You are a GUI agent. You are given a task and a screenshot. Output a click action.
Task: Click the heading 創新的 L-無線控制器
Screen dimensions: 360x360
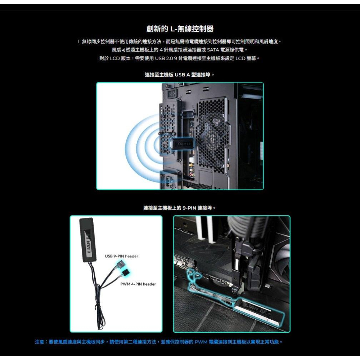coord(180,28)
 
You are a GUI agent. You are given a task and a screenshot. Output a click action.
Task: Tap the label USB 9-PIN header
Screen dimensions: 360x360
coord(121,256)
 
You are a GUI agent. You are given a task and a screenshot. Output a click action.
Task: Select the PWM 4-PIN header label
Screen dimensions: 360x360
coord(138,284)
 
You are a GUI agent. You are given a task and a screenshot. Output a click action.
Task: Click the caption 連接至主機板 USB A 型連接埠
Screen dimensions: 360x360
coord(180,75)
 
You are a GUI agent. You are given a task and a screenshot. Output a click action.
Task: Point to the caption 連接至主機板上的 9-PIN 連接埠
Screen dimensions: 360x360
coord(180,208)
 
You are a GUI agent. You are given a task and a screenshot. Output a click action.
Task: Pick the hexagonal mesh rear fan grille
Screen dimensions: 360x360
coord(213,133)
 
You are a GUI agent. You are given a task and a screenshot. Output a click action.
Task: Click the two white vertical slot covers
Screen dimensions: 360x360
coord(203,228)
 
